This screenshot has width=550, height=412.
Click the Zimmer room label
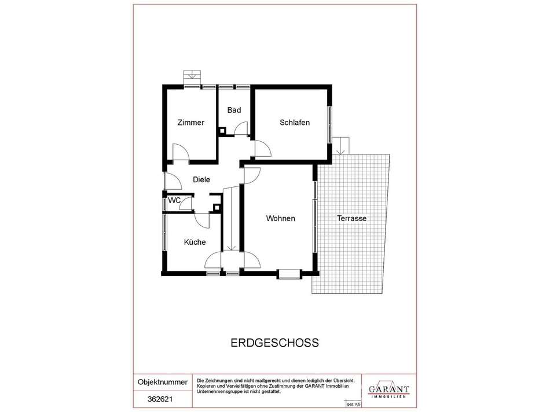point(190,123)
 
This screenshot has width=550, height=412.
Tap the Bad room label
point(234,110)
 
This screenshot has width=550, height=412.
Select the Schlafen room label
point(294,123)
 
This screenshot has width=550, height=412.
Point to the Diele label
point(201,179)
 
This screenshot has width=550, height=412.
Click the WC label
point(174,200)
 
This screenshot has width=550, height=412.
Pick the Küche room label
point(195,242)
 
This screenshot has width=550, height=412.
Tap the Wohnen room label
point(281,218)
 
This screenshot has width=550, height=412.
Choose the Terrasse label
point(351,218)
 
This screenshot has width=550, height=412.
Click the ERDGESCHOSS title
point(275,343)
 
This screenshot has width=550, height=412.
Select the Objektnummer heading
point(163,382)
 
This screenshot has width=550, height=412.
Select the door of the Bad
point(241,128)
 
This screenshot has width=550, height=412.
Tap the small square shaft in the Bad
point(222,131)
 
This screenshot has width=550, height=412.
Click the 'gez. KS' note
point(354,403)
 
